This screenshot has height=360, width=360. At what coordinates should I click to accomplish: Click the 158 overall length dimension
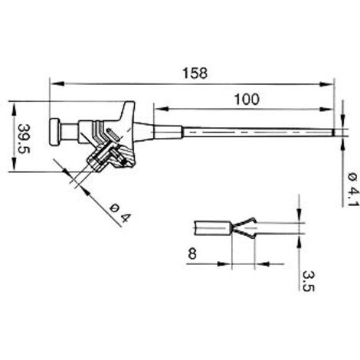195,74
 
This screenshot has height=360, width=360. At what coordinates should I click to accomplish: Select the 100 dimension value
247,100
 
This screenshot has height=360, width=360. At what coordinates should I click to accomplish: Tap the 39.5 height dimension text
24,139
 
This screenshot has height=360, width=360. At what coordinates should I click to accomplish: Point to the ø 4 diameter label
120,213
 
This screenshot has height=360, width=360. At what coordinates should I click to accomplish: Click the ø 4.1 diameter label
354,189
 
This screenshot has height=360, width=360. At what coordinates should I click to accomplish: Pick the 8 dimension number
192,254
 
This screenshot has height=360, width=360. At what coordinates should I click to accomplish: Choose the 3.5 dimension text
308,281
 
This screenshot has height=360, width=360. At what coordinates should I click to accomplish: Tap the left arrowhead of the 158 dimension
57,83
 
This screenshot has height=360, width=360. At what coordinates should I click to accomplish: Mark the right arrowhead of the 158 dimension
326,84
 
